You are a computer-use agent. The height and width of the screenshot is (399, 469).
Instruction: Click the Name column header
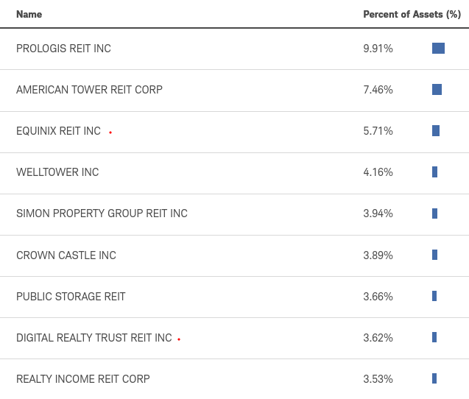pyautogui.click(x=29, y=14)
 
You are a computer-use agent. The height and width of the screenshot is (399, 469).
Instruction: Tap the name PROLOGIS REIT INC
pyautogui.click(x=63, y=49)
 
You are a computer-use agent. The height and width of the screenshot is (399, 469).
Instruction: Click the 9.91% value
pyautogui.click(x=378, y=49)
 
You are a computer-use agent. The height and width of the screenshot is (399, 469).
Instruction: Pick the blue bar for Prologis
pyautogui.click(x=438, y=49)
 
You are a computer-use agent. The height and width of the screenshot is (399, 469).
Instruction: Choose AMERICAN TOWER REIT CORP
pyautogui.click(x=89, y=90)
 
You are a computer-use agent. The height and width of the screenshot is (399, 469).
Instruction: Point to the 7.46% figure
pyautogui.click(x=378, y=90)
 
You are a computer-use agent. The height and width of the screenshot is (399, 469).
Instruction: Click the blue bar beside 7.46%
pyautogui.click(x=437, y=90)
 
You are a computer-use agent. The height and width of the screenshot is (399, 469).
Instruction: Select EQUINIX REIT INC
pyautogui.click(x=58, y=131)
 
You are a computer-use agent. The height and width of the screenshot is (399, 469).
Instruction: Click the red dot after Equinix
pyautogui.click(x=110, y=133)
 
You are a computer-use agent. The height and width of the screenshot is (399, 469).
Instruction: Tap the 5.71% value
pyautogui.click(x=378, y=131)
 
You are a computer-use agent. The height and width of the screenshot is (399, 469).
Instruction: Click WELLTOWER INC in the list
pyautogui.click(x=57, y=172)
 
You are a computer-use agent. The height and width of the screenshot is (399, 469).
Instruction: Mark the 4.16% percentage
pyautogui.click(x=378, y=172)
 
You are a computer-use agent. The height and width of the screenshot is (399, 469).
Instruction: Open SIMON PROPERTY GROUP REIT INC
pyautogui.click(x=102, y=213)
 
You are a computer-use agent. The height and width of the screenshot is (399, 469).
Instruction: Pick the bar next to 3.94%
pyautogui.click(x=434, y=213)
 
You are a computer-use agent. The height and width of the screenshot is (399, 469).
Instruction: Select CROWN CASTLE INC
pyautogui.click(x=66, y=255)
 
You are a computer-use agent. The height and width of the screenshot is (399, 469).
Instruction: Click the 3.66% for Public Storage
pyautogui.click(x=378, y=297)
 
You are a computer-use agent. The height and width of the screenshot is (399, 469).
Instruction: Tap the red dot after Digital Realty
pyautogui.click(x=179, y=339)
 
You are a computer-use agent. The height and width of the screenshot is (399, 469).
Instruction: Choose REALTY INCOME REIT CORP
pyautogui.click(x=82, y=379)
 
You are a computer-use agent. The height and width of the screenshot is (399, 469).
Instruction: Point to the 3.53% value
pyautogui.click(x=378, y=379)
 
